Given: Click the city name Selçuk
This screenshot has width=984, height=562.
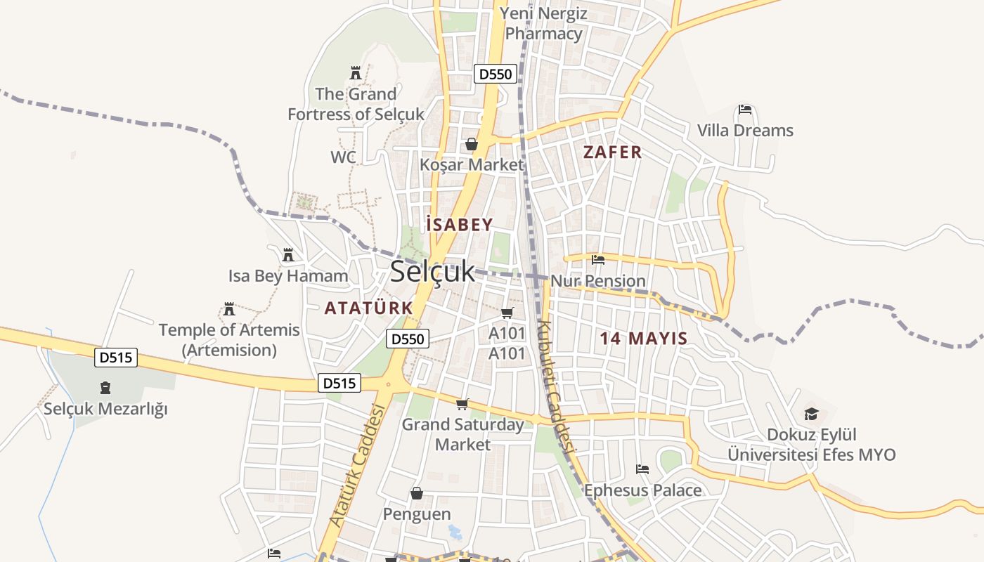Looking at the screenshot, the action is point(432,271).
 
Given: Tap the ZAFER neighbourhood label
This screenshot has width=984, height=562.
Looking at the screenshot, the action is point(613,152).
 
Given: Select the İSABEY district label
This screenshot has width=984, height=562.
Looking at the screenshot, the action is point(460,225).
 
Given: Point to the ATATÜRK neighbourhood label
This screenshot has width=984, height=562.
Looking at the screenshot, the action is point(368,308).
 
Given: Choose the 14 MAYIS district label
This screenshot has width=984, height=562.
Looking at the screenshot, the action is point(643,339).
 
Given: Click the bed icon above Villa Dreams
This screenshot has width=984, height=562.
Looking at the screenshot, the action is point(745,110).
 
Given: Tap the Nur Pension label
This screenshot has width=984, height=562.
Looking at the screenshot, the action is point(597,281).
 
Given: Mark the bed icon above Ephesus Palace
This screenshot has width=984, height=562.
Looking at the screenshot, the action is point(642,469).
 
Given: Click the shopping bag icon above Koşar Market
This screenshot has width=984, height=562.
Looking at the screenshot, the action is point(471,144).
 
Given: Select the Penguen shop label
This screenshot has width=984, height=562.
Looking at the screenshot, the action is point(417,514).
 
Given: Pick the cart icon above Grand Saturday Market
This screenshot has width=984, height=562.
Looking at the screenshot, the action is point(462,404).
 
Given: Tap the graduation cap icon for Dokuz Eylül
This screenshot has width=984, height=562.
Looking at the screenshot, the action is point(812,414).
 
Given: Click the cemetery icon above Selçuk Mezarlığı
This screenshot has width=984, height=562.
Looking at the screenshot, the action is point(105,387).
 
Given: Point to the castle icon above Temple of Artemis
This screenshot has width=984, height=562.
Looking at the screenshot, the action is point(229,308).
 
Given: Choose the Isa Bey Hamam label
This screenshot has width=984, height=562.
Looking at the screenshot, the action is point(288,276).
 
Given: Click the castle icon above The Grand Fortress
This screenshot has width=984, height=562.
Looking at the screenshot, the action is point(356,72).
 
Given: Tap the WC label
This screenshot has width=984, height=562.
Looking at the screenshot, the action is point(344,157).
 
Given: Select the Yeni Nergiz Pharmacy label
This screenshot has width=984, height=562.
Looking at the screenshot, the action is point(543,23).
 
